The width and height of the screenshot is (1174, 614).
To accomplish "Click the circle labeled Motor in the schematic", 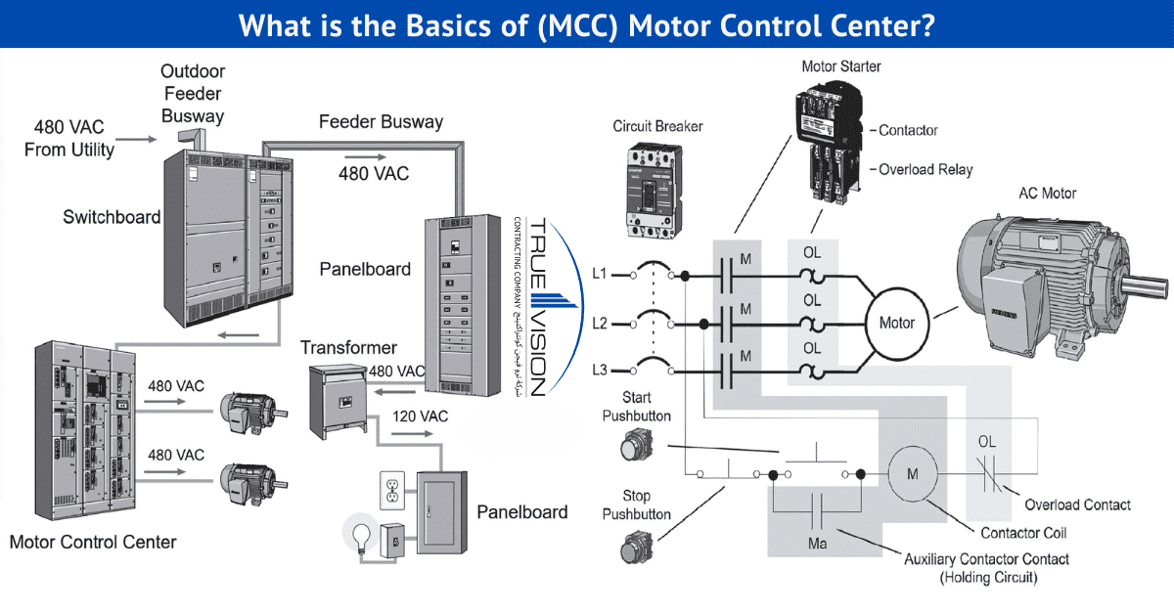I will [x=896, y=322].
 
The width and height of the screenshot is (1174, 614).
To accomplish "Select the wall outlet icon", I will [x=391, y=489].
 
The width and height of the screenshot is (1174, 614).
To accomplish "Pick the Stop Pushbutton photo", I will [x=634, y=548].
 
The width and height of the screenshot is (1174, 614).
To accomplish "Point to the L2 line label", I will [x=600, y=322].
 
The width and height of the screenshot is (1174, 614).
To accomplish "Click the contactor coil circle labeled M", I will [x=912, y=475].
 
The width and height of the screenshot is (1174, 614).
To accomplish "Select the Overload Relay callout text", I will [x=925, y=169].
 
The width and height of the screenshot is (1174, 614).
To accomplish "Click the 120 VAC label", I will [x=420, y=417].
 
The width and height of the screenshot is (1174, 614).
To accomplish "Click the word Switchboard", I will [x=112, y=217].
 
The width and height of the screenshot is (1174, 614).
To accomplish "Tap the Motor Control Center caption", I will [x=93, y=542].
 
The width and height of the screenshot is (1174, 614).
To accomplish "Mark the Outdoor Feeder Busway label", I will [x=193, y=94].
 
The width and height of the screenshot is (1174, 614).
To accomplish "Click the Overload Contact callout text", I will [x=1077, y=504].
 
